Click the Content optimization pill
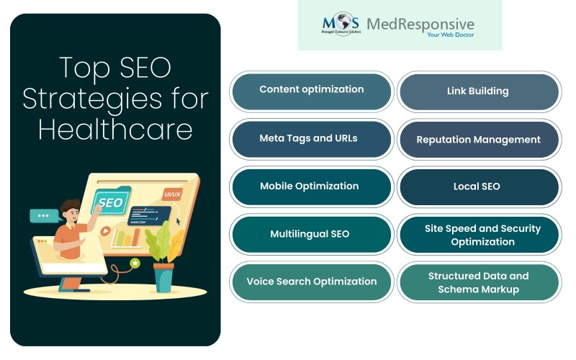(x=311, y=90)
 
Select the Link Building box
(x=478, y=91)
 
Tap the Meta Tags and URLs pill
(x=311, y=138)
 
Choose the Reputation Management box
(x=478, y=140)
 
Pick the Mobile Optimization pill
(x=311, y=186)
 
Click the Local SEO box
(x=478, y=186)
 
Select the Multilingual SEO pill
(x=311, y=234)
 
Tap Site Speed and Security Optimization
(x=478, y=234)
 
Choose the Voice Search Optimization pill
(x=311, y=282)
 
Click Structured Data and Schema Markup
(x=478, y=282)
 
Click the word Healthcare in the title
(x=115, y=130)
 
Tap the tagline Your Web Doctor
(x=448, y=35)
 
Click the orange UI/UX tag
(x=172, y=194)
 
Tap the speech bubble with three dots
(x=43, y=215)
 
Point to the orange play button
(x=106, y=233)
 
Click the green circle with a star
(x=134, y=264)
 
